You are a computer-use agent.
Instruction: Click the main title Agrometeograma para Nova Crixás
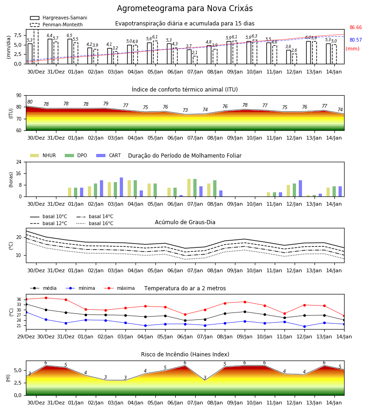(185, 8)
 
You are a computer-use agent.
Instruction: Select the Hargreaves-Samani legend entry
(59, 18)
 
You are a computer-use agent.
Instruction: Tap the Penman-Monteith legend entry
(56, 24)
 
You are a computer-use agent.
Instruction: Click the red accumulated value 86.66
(356, 27)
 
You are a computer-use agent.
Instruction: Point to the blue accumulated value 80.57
(356, 40)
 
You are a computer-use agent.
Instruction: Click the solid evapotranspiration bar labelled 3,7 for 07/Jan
(189, 56)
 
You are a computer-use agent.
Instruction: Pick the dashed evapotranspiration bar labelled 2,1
(195, 60)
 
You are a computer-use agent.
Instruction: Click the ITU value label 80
(30, 102)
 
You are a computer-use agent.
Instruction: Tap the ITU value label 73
(185, 110)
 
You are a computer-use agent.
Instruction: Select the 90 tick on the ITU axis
(19, 96)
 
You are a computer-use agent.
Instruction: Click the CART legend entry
(109, 155)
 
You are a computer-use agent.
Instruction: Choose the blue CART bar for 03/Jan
(121, 187)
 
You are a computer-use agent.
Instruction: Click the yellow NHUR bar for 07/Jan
(189, 188)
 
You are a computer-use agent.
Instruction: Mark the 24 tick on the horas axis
(19, 162)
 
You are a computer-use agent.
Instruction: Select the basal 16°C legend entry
(95, 223)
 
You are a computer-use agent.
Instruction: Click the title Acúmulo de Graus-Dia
(185, 222)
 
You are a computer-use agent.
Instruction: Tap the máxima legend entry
(119, 288)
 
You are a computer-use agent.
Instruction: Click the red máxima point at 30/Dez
(46, 298)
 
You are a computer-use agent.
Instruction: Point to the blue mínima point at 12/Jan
(304, 327)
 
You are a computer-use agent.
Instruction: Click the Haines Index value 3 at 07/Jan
(205, 378)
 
